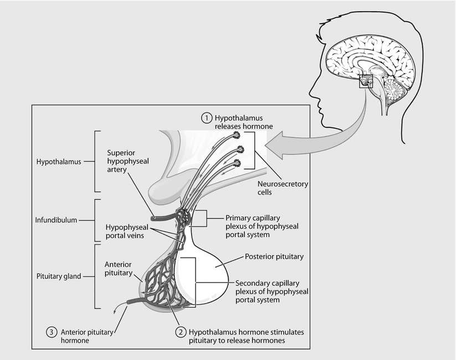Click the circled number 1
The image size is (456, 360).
(206, 118)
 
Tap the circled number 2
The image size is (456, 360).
(180, 332)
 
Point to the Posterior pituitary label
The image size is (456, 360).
(271, 258)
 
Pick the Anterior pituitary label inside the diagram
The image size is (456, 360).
(118, 268)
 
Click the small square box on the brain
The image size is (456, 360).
(366, 84)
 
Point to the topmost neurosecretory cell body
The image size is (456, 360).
(237, 135)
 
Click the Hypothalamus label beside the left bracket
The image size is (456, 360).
(58, 162)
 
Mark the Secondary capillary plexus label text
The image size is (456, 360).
(272, 290)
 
